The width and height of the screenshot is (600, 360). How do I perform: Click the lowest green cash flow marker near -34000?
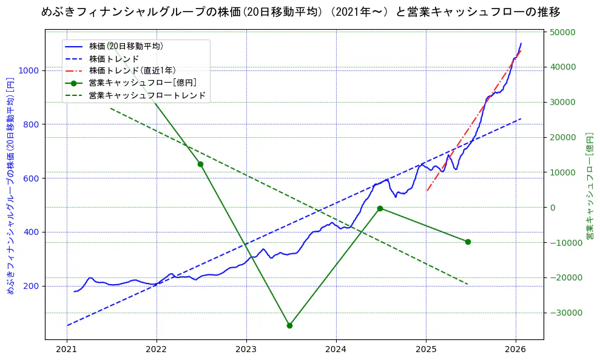tap(289, 325)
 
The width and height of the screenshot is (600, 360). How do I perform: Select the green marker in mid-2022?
tap(200, 164)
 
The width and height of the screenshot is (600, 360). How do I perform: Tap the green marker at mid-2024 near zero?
tap(380, 208)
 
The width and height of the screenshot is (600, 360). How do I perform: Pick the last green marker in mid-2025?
tap(468, 242)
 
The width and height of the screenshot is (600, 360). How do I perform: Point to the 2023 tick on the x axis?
tap(246, 350)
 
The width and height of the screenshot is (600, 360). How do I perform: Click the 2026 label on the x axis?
tap(516, 350)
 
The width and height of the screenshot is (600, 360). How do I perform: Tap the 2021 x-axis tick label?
tap(67, 350)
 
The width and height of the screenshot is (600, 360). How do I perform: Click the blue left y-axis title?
tap(10, 185)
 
